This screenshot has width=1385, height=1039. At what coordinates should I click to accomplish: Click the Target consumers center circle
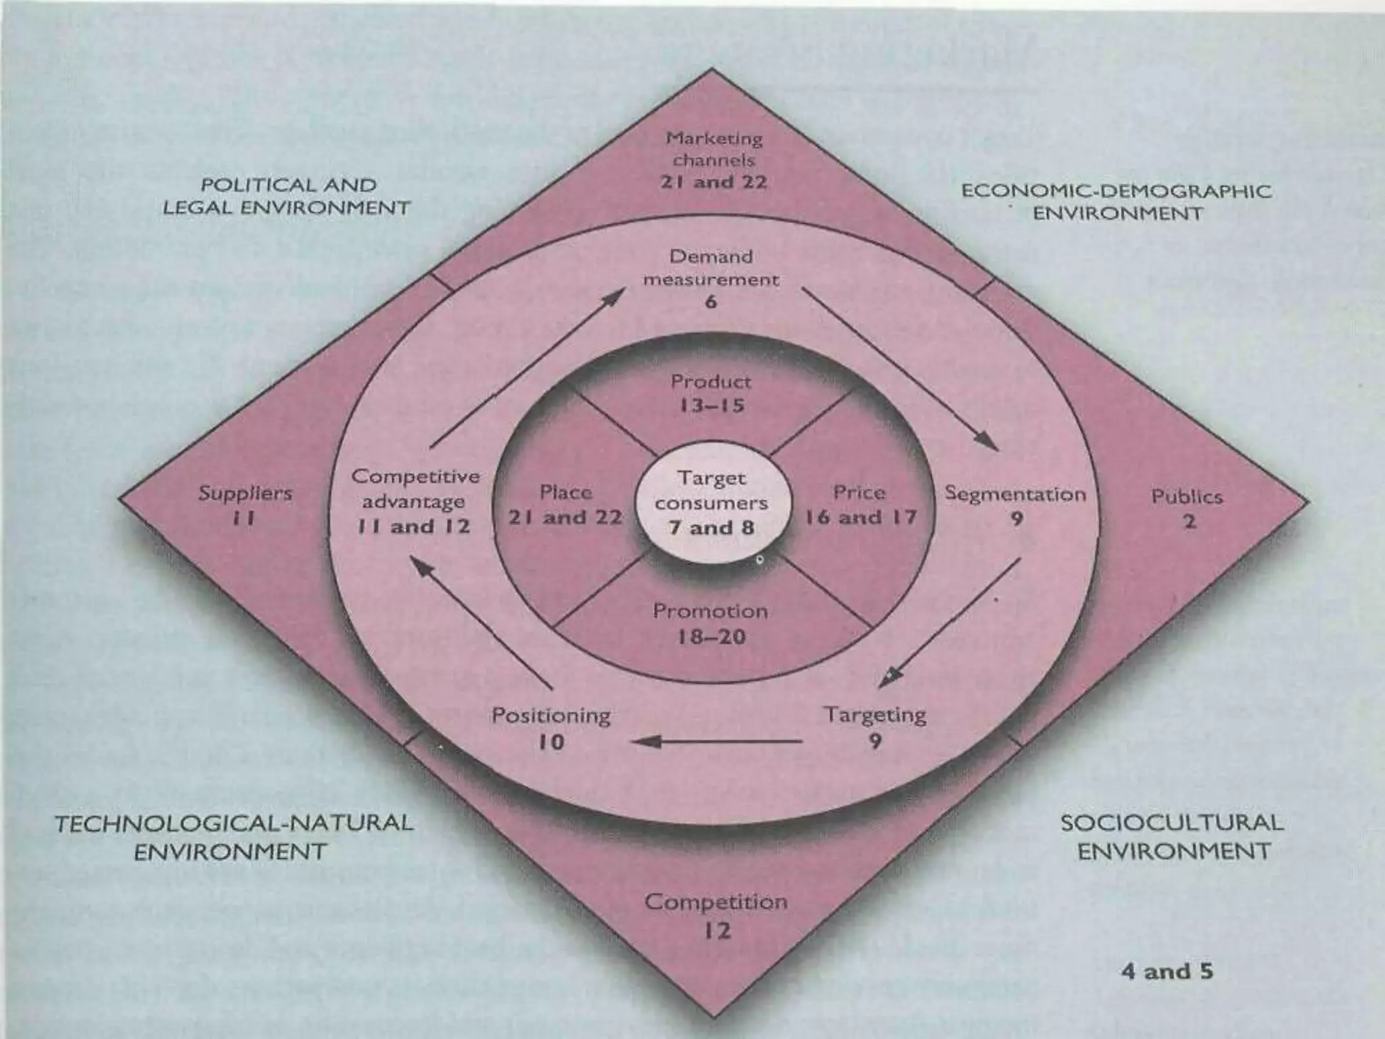(x=711, y=503)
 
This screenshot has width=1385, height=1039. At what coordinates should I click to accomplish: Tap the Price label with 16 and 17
(x=860, y=505)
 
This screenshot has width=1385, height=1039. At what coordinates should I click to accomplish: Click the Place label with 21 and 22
(x=565, y=505)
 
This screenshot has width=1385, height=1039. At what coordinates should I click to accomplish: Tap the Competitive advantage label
(x=415, y=501)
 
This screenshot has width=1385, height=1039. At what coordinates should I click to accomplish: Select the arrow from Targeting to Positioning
(x=717, y=741)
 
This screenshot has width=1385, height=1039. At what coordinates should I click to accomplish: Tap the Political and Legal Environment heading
(x=287, y=196)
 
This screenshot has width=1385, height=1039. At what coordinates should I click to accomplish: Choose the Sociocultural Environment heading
(x=1173, y=837)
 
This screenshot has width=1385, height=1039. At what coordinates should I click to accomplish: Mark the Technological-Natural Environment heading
(x=233, y=837)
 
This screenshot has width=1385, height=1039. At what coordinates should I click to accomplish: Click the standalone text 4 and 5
(x=1167, y=971)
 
